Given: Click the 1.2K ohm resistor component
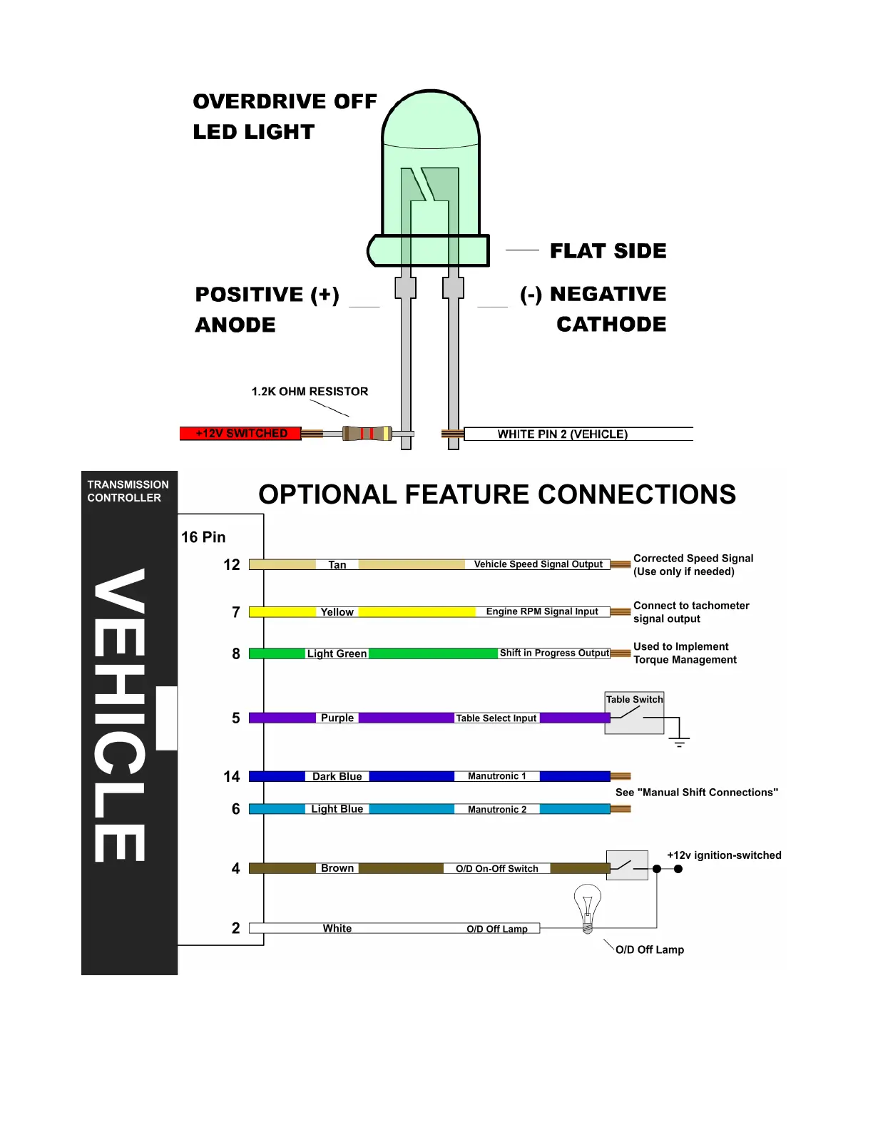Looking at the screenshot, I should click(367, 433).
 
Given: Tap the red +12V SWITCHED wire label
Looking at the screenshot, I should click(240, 434).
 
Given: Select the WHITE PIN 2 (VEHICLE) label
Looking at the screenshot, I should click(563, 434).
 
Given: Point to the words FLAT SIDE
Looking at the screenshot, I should click(608, 251).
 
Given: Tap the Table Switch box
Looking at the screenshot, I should click(634, 713).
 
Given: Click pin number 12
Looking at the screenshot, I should click(232, 565).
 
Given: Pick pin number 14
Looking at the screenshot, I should click(232, 777).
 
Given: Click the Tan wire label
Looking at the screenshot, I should click(337, 565).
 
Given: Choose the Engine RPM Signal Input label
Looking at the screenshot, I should click(542, 611).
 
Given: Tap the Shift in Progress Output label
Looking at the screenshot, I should click(554, 653).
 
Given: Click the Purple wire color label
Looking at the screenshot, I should click(337, 718).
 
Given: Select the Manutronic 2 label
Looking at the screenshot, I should click(497, 809).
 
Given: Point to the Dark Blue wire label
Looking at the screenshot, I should click(337, 776).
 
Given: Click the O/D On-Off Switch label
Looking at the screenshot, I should click(497, 868).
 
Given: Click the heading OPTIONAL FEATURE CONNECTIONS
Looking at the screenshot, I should click(497, 494).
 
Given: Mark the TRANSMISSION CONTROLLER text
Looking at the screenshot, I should click(128, 491).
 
